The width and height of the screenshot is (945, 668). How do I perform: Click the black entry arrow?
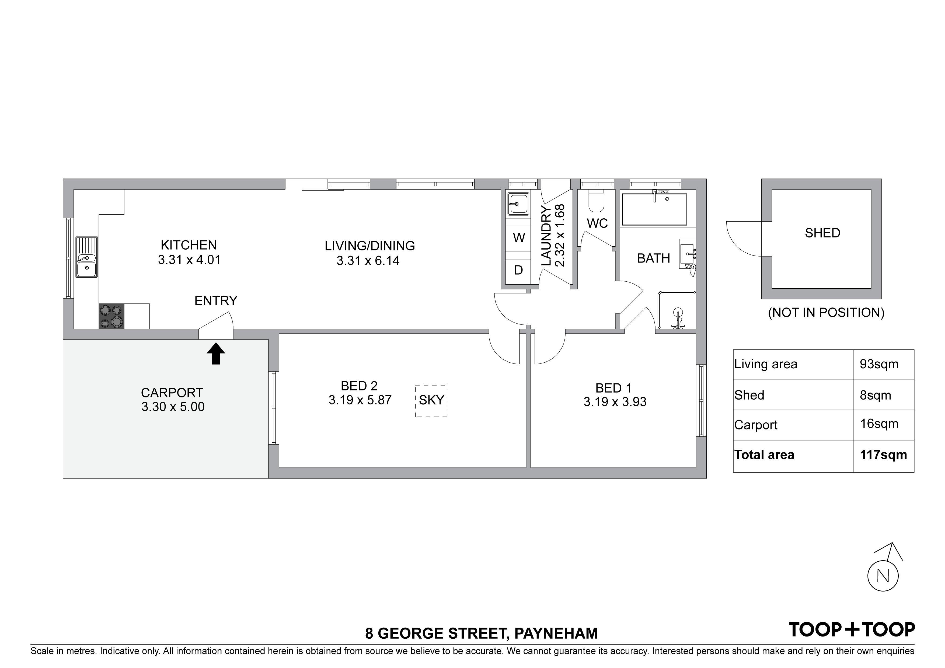pyautogui.click(x=216, y=354)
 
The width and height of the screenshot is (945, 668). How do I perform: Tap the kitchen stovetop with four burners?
pyautogui.click(x=111, y=316)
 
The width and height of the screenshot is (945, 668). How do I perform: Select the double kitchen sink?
pyautogui.click(x=87, y=257)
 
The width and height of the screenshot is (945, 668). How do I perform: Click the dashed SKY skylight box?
pyautogui.click(x=431, y=401)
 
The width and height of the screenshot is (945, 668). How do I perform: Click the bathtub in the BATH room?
pyautogui.click(x=654, y=209)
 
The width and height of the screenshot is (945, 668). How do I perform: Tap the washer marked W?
pyautogui.click(x=519, y=238)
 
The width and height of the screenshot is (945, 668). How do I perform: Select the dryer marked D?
pyautogui.click(x=519, y=270)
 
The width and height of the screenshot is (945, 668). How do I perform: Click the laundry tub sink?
pyautogui.click(x=518, y=204)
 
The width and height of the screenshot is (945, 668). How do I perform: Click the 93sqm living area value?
pyautogui.click(x=879, y=364)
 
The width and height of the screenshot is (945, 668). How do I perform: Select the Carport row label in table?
pyautogui.click(x=756, y=425)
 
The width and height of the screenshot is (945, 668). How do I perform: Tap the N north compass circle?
pyautogui.click(x=883, y=576)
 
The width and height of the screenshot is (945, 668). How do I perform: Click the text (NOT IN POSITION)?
pyautogui.click(x=826, y=313)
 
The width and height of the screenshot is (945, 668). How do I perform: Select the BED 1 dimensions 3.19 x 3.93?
pyautogui.click(x=615, y=402)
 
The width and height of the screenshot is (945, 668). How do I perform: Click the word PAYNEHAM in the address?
pyautogui.click(x=556, y=633)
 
